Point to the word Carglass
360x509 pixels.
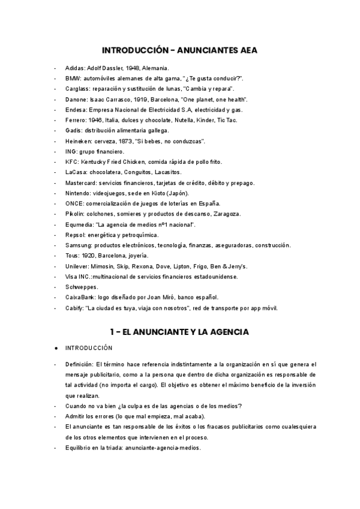coord(77,89)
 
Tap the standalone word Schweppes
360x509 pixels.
coord(82,287)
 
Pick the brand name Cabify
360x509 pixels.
coord(74,308)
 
